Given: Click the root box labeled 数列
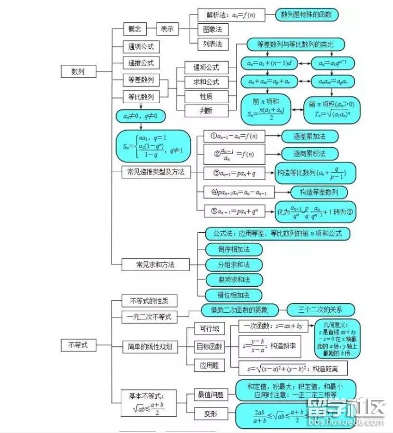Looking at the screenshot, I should pos(78,72).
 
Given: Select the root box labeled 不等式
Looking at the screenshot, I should pos(78,344).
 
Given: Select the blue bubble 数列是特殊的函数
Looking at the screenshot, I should pos(306,15).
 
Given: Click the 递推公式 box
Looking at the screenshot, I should pos(141,63).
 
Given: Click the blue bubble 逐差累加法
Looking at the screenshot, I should pos(309,136).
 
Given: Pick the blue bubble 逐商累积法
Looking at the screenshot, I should pos(309,154).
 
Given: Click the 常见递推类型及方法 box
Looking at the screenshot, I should pos(156,172).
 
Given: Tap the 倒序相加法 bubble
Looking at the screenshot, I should pos(233,249).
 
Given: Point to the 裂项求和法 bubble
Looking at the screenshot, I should pos(233,280).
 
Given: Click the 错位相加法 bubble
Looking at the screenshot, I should pos(233,295).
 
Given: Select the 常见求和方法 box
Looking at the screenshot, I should pos(156,264).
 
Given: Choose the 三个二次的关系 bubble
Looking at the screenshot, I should pos(321,310).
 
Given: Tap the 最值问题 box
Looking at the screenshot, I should pos(210,395).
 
